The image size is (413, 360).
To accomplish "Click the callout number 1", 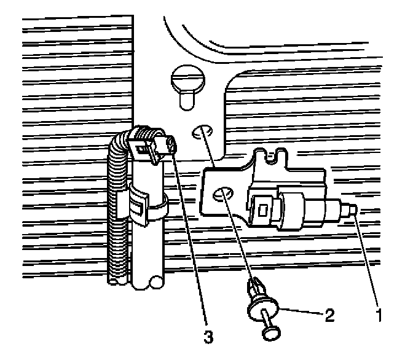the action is (380, 316).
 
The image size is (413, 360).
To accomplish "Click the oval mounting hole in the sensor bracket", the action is (222, 195).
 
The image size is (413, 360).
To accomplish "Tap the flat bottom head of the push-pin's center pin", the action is (271, 332).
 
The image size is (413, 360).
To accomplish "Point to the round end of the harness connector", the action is (171, 146).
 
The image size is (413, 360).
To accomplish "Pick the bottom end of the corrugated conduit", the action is (117, 280).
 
